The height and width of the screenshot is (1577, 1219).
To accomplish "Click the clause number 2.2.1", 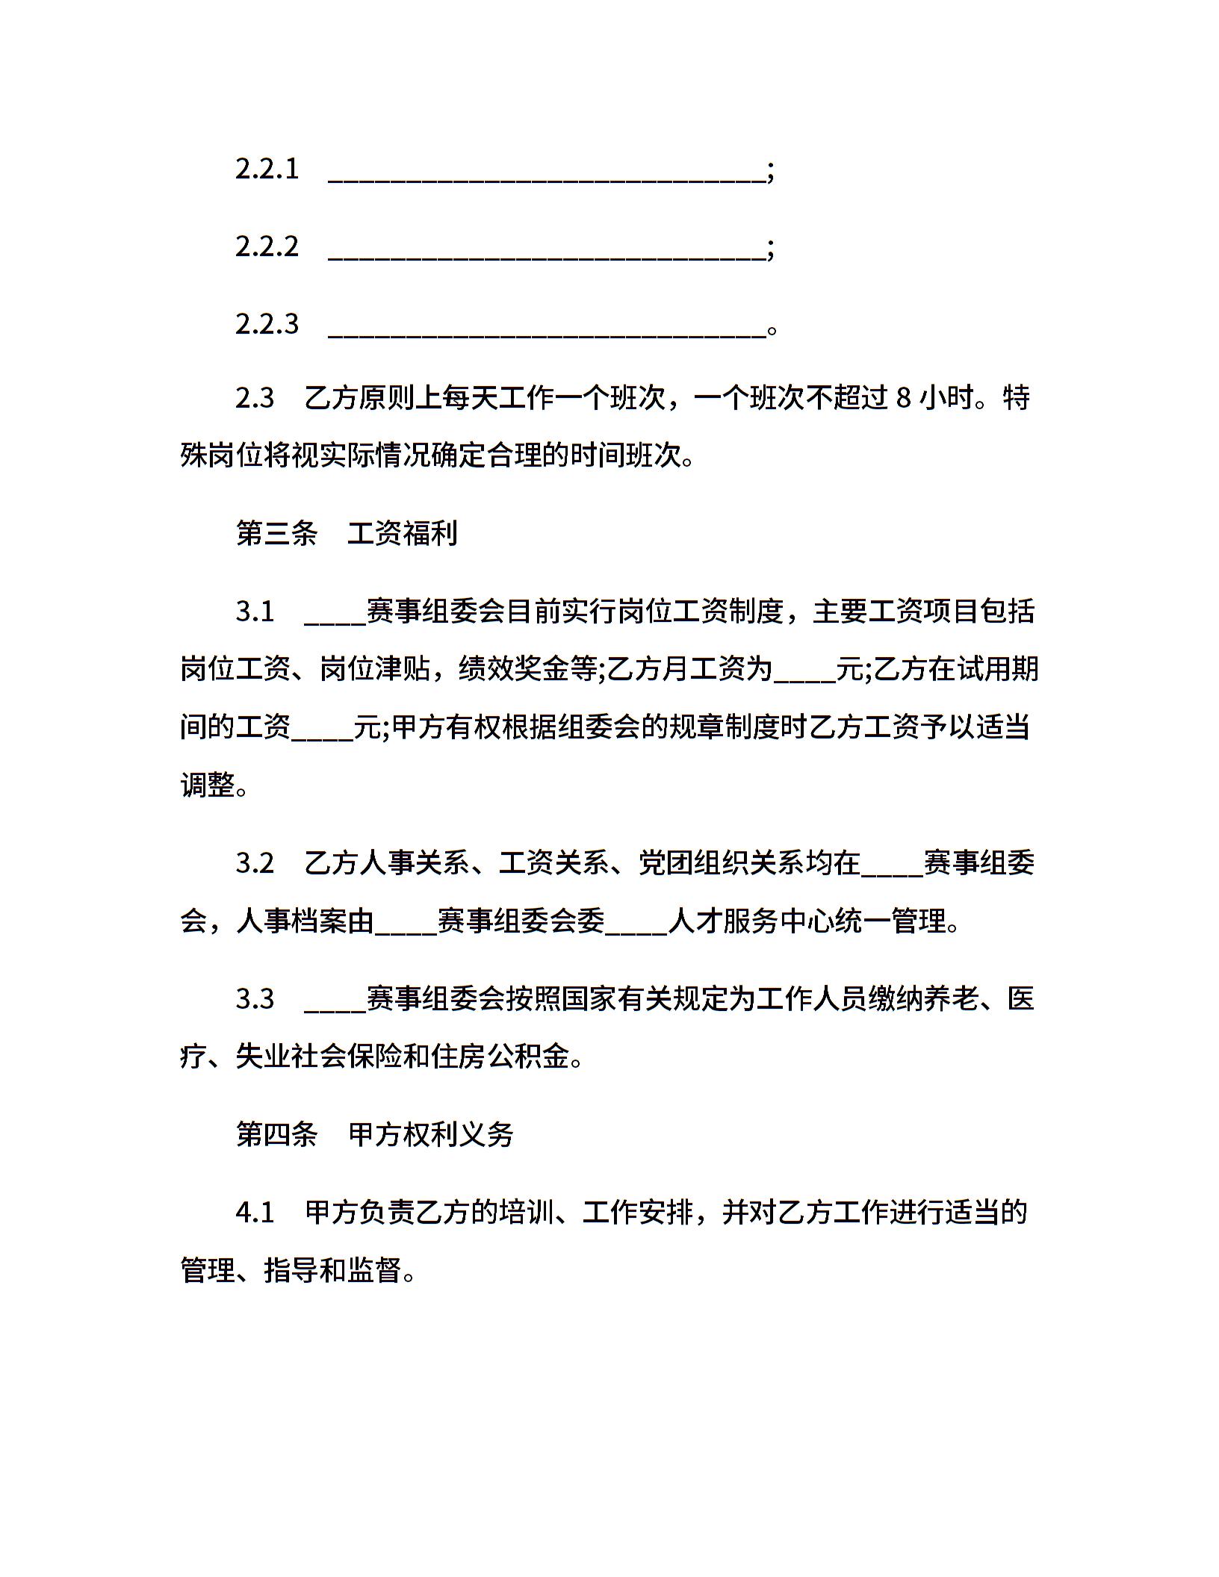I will click(267, 169).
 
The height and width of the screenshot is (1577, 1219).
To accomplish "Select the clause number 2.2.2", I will click(267, 247).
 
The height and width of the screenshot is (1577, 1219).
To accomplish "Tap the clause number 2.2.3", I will click(267, 325).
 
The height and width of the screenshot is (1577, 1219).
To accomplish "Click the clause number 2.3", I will click(255, 398).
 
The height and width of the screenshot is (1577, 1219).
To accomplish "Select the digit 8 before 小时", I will click(903, 398).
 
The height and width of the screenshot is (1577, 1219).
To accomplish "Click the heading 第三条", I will click(276, 533).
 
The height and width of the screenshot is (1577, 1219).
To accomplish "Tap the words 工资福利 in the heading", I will click(403, 533).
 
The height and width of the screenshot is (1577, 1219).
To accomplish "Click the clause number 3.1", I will click(255, 612).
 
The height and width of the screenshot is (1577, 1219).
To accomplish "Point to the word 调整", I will click(208, 785).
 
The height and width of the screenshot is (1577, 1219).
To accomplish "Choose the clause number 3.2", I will click(255, 864).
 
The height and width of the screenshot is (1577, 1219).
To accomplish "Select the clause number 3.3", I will click(255, 999).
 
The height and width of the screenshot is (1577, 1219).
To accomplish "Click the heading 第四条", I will click(276, 1134).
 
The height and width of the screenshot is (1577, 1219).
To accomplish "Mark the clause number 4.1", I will click(255, 1213).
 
